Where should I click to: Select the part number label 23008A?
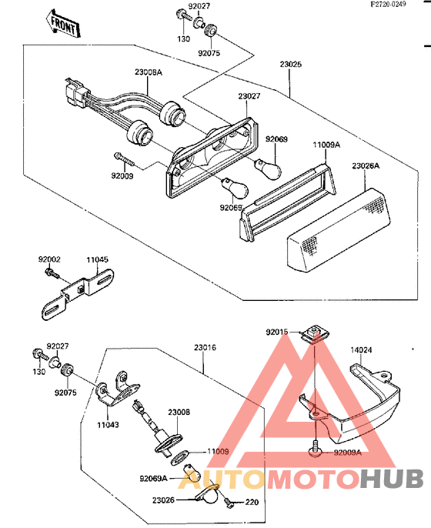point(149,72)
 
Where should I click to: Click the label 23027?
point(249,97)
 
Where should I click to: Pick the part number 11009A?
point(326,144)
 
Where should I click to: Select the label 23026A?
point(368,165)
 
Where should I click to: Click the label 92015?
point(277,332)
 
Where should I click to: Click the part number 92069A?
point(154,478)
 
